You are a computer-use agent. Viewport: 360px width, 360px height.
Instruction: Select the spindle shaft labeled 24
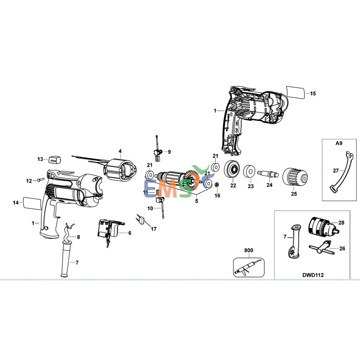pos(268,174)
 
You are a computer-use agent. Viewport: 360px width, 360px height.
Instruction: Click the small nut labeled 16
pos(217,185)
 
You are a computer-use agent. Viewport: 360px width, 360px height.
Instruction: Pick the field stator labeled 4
pos(121,170)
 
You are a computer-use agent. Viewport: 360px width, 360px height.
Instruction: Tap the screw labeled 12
pos(40,180)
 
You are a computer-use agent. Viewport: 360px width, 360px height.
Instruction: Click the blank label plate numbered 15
pos(295,92)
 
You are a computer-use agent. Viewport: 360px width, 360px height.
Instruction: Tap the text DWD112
pos(313,275)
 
